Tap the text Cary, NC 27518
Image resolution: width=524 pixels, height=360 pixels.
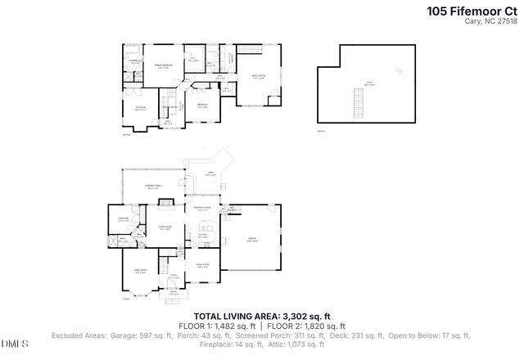491,22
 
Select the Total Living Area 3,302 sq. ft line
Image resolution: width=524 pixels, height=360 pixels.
261,316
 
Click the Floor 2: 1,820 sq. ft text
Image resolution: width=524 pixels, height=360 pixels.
302,326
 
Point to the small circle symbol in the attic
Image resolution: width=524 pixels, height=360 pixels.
399,71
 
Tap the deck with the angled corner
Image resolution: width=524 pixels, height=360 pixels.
210,174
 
